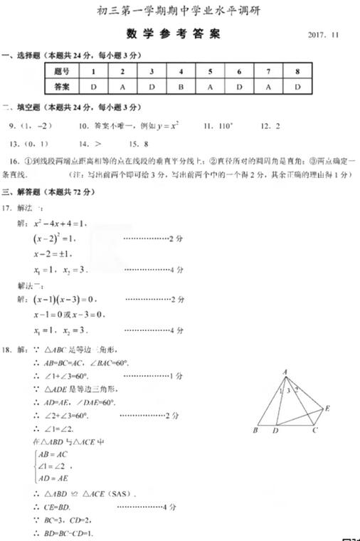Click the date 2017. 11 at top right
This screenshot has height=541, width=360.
327,34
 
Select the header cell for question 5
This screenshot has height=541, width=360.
210,72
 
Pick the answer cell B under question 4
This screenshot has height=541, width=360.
180,86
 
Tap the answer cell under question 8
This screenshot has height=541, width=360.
297,86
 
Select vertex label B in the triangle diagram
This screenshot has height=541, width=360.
255,431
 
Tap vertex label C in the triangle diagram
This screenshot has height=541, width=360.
314,431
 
